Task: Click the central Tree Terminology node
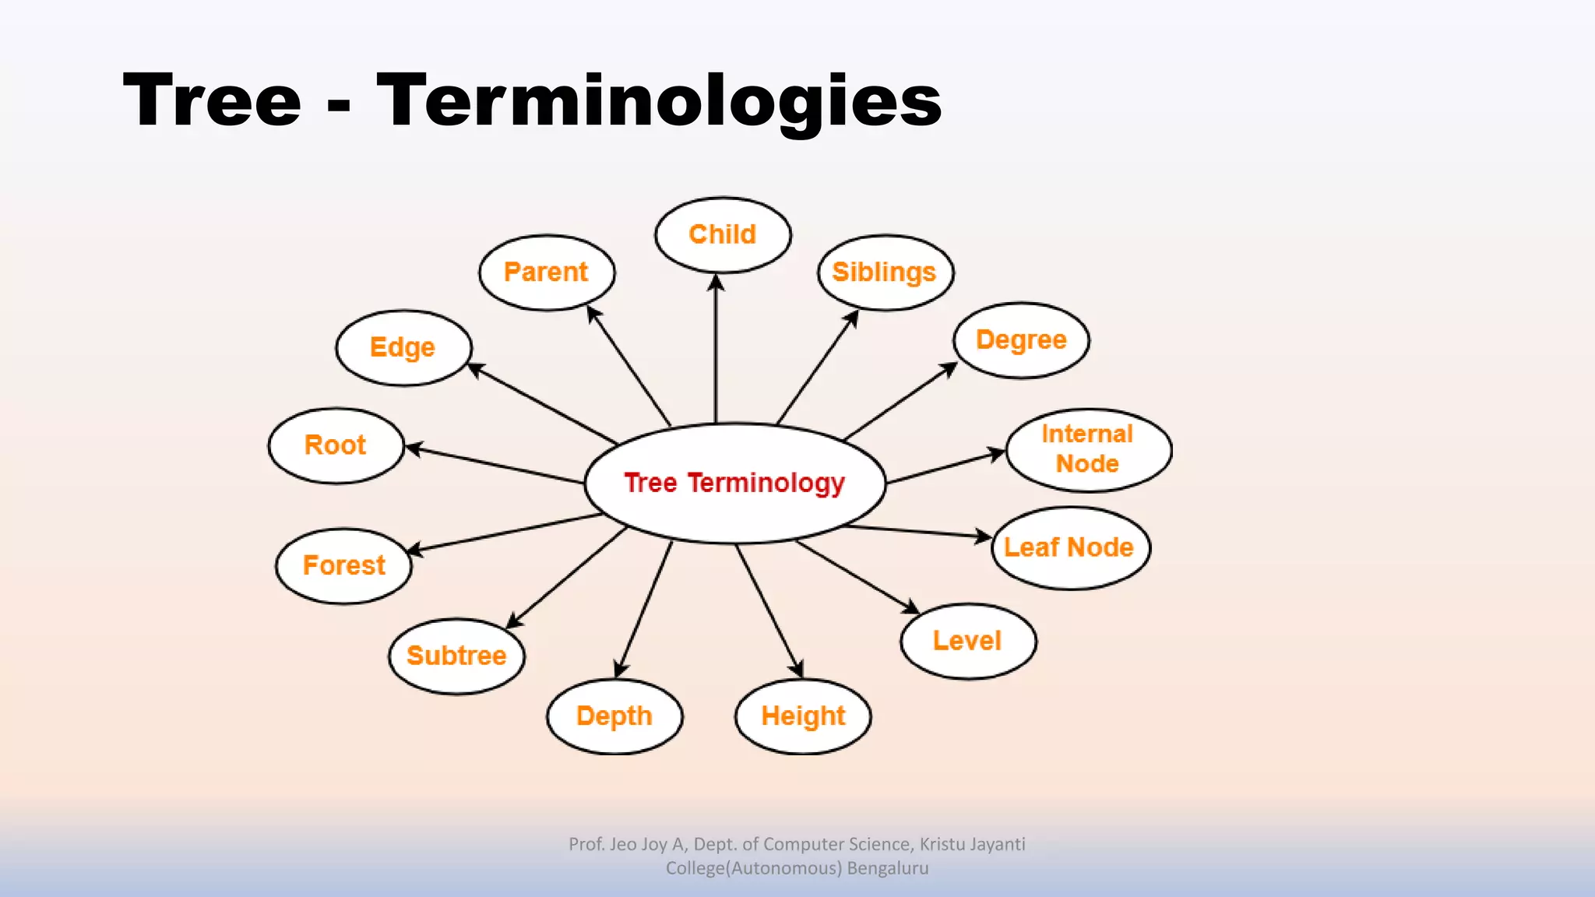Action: pos(734,483)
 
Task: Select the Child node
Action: pos(723,234)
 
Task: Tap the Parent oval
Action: pos(546,273)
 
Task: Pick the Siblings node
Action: pos(885,273)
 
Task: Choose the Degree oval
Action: pos(1021,340)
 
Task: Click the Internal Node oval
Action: pos(1088,449)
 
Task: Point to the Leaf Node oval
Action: pos(1070,547)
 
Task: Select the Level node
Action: pos(967,641)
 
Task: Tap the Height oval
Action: pos(803,716)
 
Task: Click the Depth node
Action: pos(614,716)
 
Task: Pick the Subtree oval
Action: pos(456,656)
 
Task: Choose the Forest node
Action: pos(343,565)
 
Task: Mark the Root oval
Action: pos(336,445)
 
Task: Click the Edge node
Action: pos(403,347)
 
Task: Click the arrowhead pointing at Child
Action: pos(716,282)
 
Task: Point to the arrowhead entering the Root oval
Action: pos(414,448)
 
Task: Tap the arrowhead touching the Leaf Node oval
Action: pos(983,536)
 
